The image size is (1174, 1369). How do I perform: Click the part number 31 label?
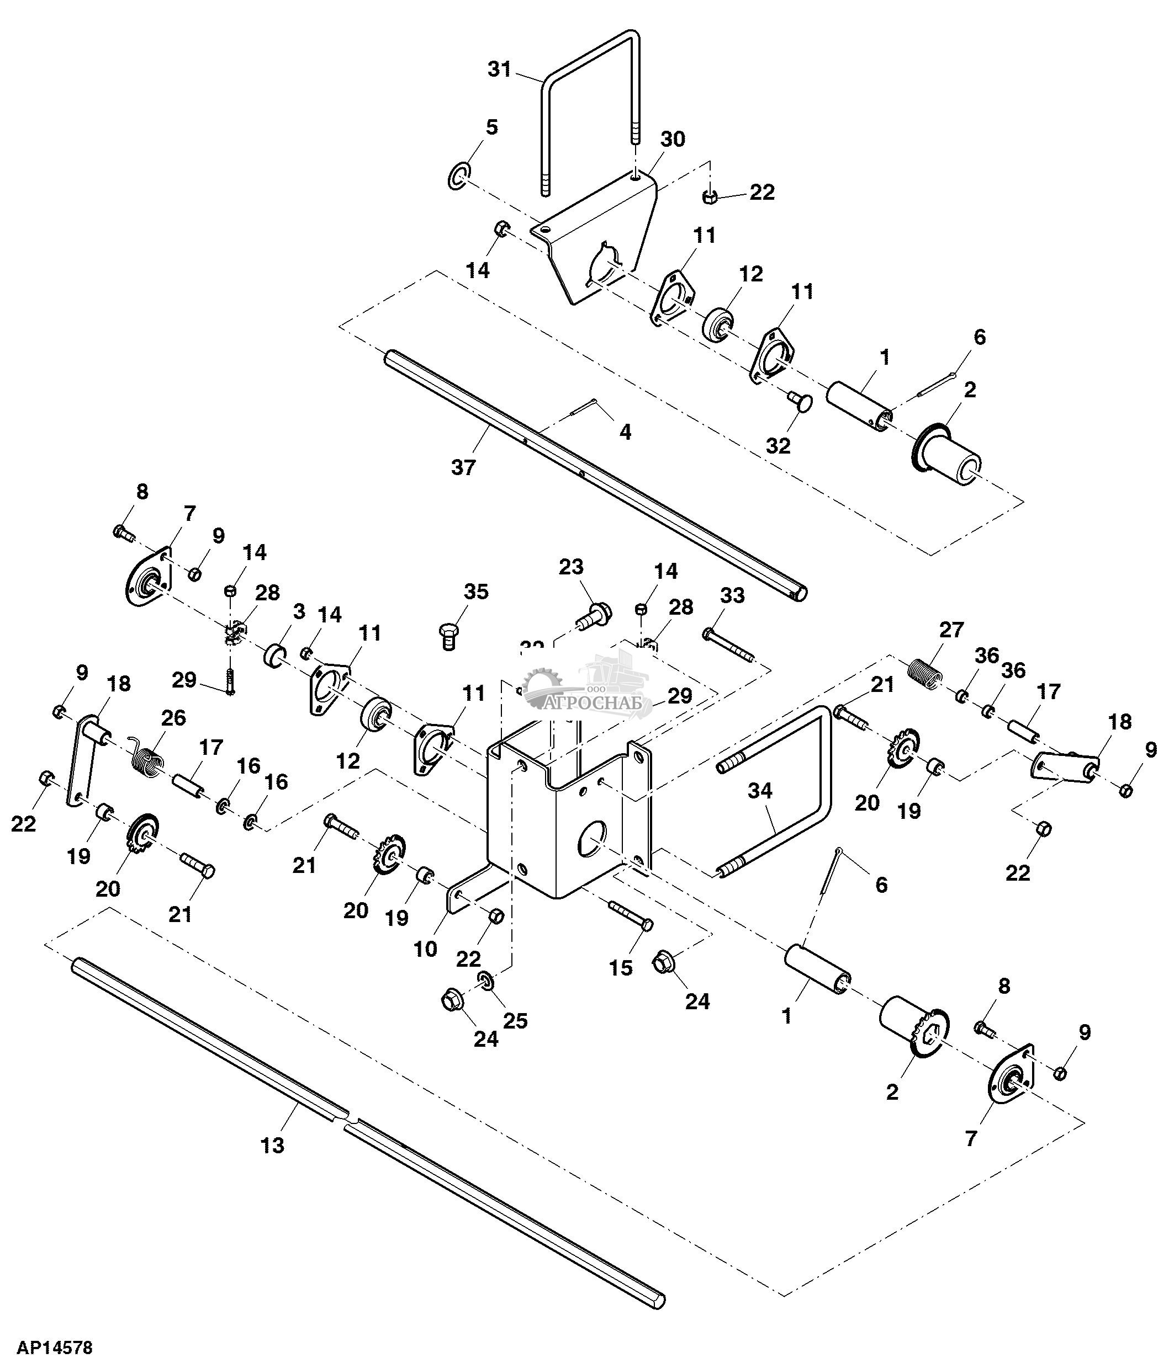[x=500, y=69]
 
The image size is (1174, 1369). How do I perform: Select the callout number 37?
[x=463, y=468]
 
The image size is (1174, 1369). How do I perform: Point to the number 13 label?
[x=272, y=1145]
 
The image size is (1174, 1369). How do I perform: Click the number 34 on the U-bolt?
[x=759, y=790]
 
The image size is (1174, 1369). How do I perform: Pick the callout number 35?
[x=475, y=592]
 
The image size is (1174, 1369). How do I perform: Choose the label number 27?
[x=951, y=630]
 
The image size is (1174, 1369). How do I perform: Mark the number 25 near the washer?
[x=516, y=1021]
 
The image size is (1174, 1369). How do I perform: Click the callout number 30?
[x=673, y=140]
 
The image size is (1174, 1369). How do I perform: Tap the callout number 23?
[x=571, y=567]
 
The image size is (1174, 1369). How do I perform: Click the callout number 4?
[x=625, y=432]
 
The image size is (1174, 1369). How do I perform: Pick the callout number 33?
[x=732, y=595]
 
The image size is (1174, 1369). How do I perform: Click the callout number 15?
[x=621, y=967]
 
